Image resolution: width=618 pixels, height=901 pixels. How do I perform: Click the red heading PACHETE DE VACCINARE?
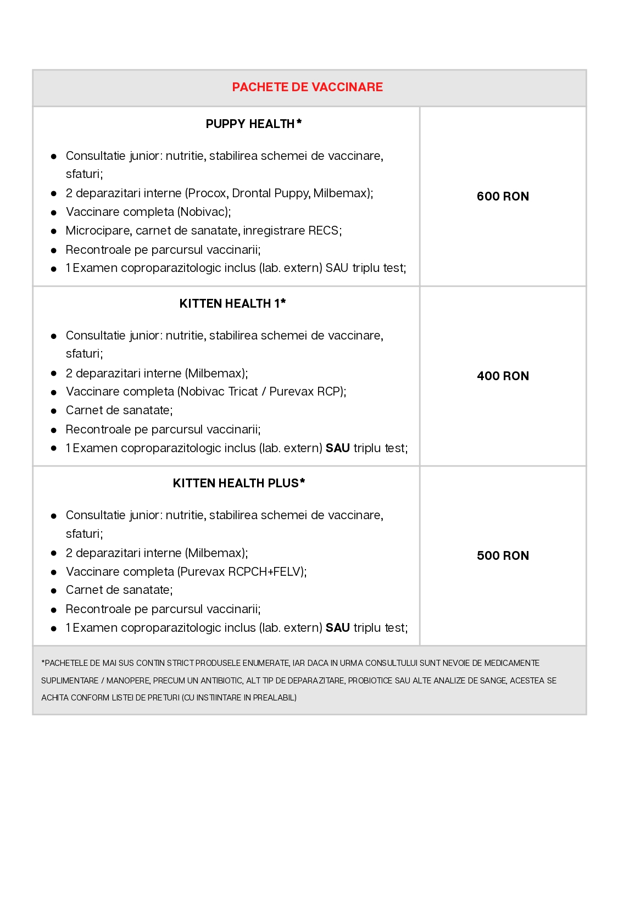307,87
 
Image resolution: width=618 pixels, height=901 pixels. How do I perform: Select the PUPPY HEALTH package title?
250,124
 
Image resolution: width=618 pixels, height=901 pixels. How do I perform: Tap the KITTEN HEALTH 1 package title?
229,304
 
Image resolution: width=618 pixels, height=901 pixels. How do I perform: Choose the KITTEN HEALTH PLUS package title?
236,483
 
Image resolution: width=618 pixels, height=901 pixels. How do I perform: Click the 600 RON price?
503,197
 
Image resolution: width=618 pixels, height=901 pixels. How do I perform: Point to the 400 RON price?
503,376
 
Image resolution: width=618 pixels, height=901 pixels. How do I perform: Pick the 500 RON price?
503,556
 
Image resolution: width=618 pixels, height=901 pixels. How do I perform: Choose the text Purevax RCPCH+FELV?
241,572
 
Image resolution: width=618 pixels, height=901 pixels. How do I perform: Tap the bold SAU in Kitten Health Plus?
338,628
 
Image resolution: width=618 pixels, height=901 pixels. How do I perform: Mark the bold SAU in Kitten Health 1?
338,448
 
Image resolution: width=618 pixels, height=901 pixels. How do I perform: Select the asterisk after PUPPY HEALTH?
299,122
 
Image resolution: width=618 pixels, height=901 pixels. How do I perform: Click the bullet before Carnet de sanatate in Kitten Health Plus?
54,591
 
